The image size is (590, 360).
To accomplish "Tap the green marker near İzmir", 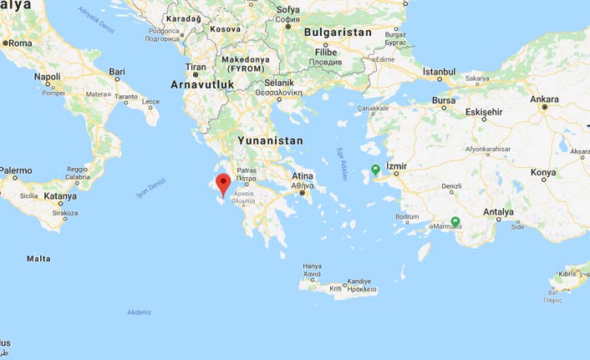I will (376, 170).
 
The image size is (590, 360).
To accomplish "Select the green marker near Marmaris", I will (455, 222).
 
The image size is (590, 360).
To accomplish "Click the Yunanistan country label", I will (270, 140).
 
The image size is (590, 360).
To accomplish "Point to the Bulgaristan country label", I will (338, 32).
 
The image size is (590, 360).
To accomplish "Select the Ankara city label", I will (544, 99).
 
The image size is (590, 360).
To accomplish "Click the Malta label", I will (38, 259).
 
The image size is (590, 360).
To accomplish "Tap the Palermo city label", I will (15, 170).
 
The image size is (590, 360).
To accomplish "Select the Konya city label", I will (543, 173).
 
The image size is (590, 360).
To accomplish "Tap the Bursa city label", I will (444, 100).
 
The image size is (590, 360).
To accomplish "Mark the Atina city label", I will (301, 176).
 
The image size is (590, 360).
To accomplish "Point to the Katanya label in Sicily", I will (60, 196).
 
